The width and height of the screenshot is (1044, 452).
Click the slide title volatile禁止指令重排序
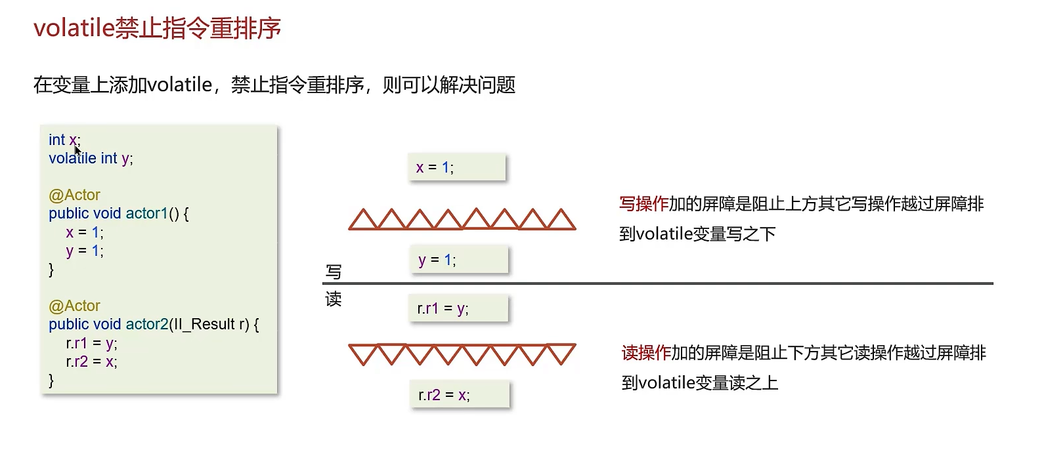[157, 28]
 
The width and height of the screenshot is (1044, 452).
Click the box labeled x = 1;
[456, 167]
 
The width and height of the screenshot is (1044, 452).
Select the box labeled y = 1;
[458, 260]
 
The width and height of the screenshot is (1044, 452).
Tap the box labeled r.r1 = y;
[458, 308]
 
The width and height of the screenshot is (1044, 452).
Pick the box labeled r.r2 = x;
[459, 395]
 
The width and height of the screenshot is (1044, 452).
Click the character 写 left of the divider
[334, 272]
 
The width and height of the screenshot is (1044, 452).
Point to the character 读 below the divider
[334, 300]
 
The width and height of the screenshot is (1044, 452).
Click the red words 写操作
[643, 204]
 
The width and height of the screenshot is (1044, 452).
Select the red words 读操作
[645, 353]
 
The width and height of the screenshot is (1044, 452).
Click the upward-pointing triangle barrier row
[462, 219]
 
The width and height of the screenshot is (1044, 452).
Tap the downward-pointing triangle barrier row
[462, 354]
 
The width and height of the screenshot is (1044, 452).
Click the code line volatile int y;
[91, 158]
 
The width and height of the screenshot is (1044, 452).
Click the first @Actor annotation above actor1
[74, 195]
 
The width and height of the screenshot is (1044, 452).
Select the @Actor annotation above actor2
[74, 306]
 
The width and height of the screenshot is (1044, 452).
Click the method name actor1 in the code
[146, 213]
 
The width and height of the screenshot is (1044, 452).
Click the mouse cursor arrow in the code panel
[77, 151]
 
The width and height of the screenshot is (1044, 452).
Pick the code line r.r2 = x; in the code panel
[91, 361]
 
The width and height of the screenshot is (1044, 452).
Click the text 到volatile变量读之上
[699, 382]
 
